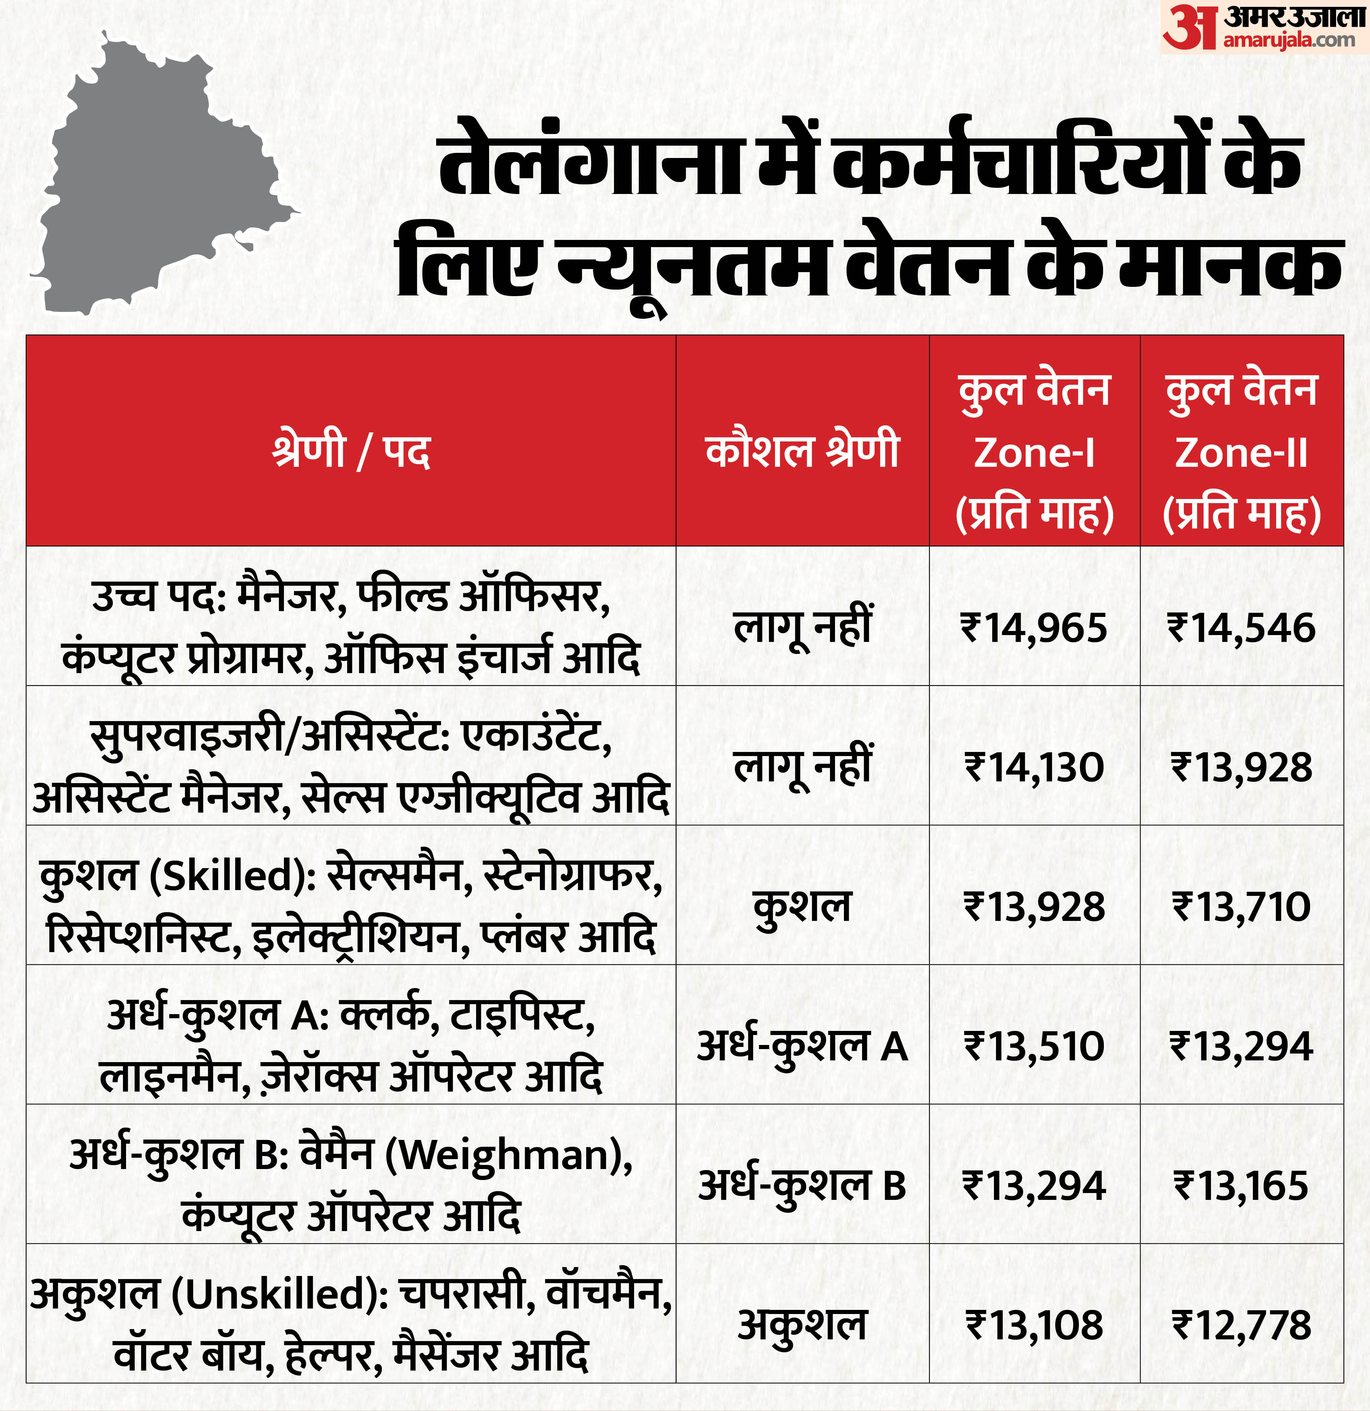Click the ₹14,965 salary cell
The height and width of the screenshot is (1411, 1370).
[x=1034, y=628]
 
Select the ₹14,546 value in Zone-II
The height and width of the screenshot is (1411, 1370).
[x=1241, y=628]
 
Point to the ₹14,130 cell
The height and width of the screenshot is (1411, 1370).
[x=1034, y=767]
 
